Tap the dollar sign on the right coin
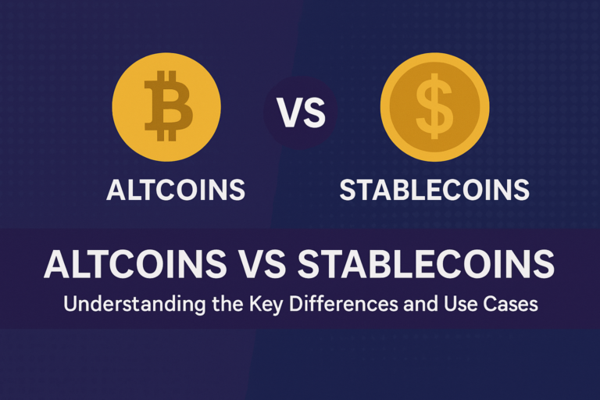[434, 106]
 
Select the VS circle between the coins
[301, 112]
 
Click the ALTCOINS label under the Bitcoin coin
[176, 190]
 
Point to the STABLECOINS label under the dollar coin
[434, 190]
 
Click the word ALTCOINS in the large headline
[135, 264]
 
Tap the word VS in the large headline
[262, 264]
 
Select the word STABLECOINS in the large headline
[426, 264]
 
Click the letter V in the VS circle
[288, 112]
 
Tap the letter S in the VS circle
[313, 112]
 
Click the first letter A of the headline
[57, 264]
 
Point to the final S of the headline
[544, 264]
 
